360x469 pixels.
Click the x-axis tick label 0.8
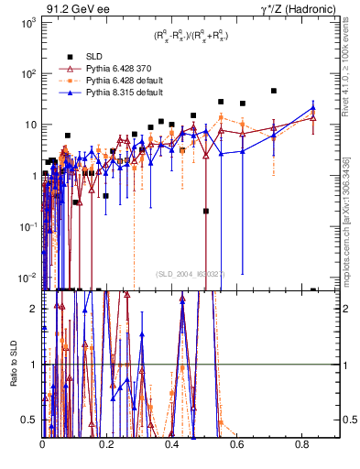(x=303, y=444)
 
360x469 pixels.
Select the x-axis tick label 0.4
(x=172, y=444)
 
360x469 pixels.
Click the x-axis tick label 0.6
(x=238, y=444)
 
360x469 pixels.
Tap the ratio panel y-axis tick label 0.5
(x=29, y=420)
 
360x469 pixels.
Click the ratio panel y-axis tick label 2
(x=34, y=308)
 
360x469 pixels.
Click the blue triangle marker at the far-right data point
(x=313, y=106)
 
